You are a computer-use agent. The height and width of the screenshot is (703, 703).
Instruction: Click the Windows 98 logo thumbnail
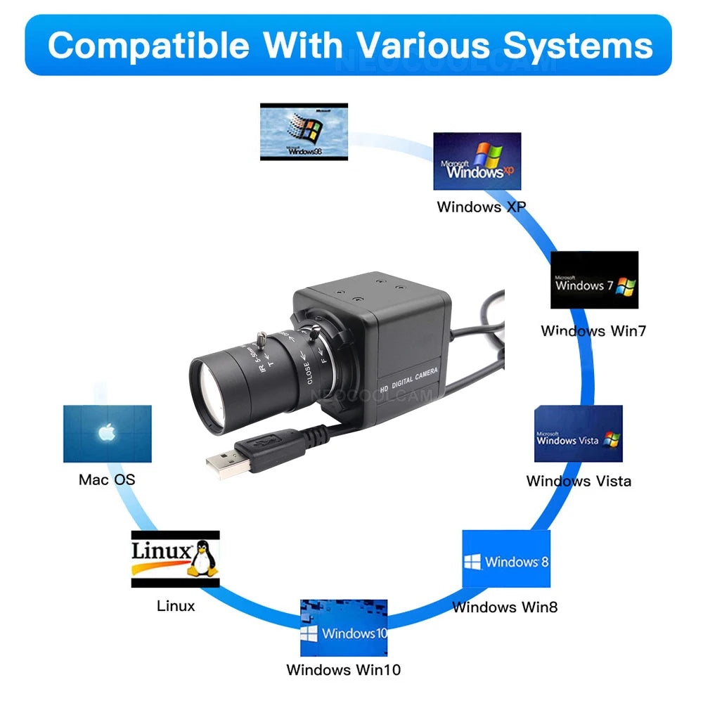point(304,131)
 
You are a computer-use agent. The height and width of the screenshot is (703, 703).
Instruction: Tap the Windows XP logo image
point(477,162)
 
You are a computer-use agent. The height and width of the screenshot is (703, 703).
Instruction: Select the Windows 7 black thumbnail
point(594,280)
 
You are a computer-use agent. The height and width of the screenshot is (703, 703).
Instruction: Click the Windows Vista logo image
point(578,434)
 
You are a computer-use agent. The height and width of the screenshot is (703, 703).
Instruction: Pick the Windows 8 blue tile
point(505,560)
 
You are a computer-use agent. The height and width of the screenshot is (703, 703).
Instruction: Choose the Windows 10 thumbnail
point(344,628)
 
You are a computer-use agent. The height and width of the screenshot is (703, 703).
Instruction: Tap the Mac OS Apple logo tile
point(107,434)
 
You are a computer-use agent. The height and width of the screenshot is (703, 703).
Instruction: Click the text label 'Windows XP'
point(481,207)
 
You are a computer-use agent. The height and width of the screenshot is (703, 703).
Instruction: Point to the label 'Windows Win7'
point(593,330)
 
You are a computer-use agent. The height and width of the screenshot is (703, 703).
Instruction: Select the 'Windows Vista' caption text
point(579,482)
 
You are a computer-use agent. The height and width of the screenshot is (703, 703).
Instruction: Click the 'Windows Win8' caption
point(505,607)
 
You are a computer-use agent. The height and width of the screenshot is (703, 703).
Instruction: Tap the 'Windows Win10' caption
point(344,670)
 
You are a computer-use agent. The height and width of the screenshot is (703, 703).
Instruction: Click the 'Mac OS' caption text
point(107,480)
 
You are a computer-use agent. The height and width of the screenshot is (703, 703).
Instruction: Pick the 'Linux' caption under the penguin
point(176,605)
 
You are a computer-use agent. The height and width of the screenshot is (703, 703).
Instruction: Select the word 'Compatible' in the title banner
point(148,46)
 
